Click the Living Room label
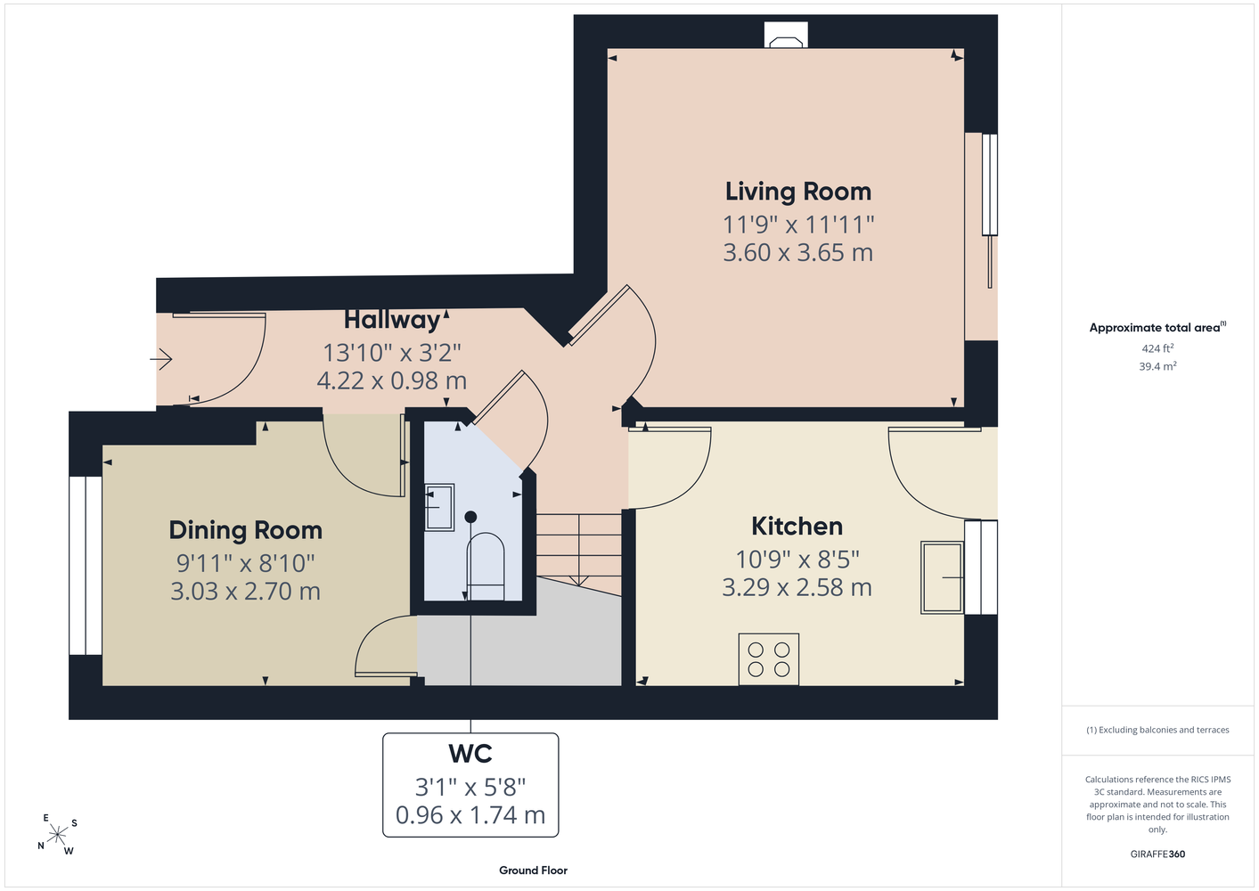pos(798,192)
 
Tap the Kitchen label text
pos(797,527)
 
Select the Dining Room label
pos(246,531)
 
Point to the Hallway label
pos(392,321)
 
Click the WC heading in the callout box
pos(470,754)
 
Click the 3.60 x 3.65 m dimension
pos(798,253)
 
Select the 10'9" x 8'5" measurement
pos(797,560)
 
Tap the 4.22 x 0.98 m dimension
pos(392,381)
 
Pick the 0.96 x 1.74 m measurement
pos(470,815)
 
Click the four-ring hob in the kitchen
pos(768,659)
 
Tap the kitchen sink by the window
pos(942,577)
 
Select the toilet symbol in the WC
pos(486,566)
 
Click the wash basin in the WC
pos(439,508)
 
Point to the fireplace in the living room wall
pos(786,35)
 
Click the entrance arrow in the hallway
pos(160,359)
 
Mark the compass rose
pos(57,835)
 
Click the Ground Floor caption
pos(533,871)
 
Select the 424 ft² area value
pos(1157,348)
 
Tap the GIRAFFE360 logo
pos(1157,854)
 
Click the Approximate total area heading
pos(1157,328)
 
